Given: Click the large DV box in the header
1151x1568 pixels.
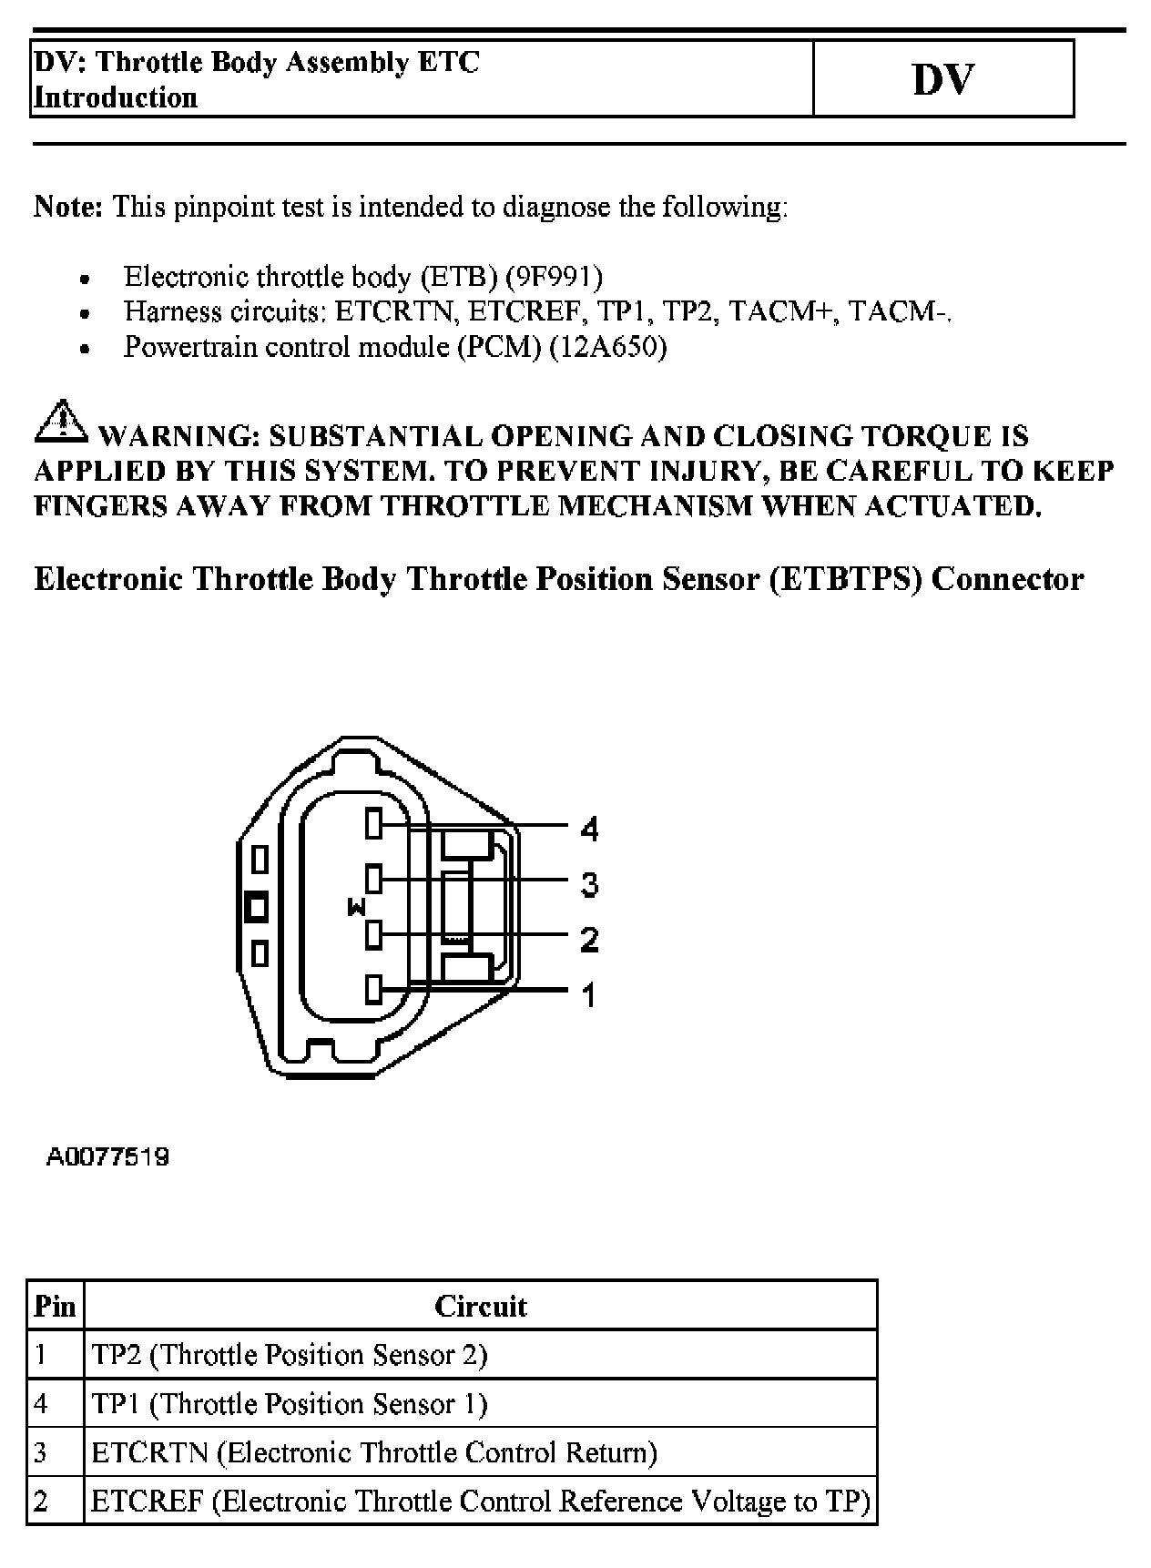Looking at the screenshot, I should click(942, 79).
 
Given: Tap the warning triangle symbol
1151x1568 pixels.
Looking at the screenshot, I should click(59, 421).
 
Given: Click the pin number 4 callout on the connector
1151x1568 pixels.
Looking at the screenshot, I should click(589, 829).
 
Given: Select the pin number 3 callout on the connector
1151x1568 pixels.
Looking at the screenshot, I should click(589, 884).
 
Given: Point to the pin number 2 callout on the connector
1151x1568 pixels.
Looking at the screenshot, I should click(589, 939).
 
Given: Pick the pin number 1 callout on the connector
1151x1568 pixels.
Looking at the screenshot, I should click(589, 994).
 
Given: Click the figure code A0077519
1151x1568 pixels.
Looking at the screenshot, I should click(107, 1157).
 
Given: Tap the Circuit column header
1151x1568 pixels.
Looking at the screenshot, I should click(480, 1307).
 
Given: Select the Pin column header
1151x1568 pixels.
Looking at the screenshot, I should click(55, 1307).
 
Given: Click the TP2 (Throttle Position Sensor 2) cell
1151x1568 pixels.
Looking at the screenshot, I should click(290, 1355).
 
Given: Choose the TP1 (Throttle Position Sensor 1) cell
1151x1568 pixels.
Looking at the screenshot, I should click(290, 1403).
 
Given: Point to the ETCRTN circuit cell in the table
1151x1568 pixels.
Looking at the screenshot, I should click(374, 1451).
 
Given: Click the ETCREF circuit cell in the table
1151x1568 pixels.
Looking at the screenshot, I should click(481, 1501).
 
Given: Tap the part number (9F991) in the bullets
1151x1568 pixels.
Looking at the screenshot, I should click(554, 276).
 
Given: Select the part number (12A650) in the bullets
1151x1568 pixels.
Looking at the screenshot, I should click(608, 347).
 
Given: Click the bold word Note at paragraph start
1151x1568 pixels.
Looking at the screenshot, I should click(69, 207).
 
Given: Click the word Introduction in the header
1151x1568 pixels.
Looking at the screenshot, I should click(116, 97).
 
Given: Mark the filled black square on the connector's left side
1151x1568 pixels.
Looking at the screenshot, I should click(258, 907).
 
